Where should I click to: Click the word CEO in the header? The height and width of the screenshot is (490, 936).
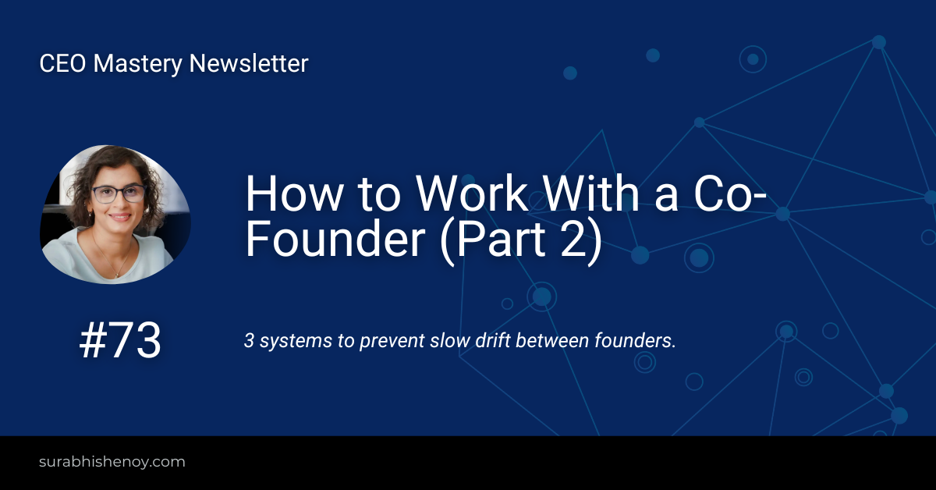pos(62,63)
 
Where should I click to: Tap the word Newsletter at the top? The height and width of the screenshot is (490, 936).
pos(249,63)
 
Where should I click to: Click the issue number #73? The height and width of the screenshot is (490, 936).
pos(120,340)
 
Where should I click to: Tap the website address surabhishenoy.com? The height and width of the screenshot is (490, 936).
pos(112,462)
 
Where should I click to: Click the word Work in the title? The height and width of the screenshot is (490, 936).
pos(472,194)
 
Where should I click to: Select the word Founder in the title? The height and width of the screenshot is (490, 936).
pos(335,240)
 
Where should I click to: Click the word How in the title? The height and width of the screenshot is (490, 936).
pos(295,194)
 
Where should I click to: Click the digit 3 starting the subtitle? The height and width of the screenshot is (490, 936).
pos(249,341)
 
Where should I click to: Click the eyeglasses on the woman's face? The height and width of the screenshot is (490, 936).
pos(119,194)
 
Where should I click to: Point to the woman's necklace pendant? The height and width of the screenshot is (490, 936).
pos(117,275)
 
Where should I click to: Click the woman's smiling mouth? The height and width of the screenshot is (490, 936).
pos(120,217)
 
